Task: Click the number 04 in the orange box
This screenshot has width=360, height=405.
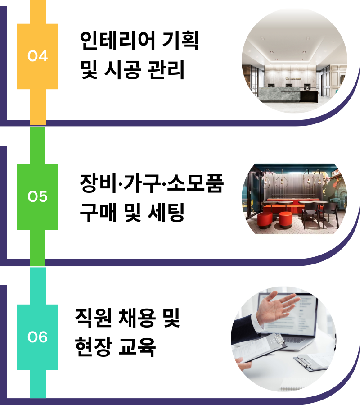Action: tap(38, 56)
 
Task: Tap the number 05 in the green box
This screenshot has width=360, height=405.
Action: tap(38, 196)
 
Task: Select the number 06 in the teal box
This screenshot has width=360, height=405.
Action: tap(38, 337)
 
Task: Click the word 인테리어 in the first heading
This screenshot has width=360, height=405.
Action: tap(118, 41)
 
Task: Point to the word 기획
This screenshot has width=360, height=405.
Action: tap(180, 41)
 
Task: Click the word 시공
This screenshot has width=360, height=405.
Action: tap(123, 70)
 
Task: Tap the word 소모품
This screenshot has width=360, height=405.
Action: tap(195, 183)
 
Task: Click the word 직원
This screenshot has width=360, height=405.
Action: tap(94, 318)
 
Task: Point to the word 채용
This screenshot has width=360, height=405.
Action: tap(137, 318)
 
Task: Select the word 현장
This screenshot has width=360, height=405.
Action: tap(94, 347)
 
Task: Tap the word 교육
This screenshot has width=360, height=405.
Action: tap(137, 347)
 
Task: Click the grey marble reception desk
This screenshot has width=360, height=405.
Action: tap(280, 94)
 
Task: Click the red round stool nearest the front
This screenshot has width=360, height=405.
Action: tap(285, 220)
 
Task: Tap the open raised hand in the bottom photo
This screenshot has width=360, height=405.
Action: tap(277, 307)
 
